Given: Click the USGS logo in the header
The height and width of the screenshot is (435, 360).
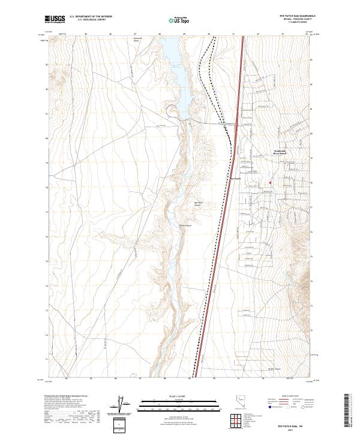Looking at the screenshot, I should coord(55,19).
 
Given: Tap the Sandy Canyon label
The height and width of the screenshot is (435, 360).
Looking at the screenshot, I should coord(185,226).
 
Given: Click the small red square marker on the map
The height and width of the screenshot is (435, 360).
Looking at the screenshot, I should coord(270,183).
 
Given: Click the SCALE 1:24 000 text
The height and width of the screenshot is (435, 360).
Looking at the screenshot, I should coord(171,397).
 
